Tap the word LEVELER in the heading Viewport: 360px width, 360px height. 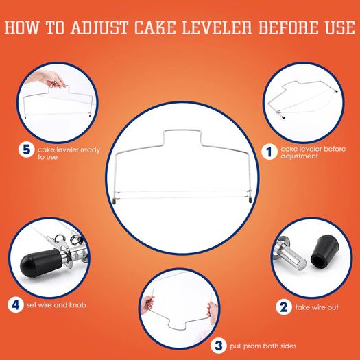[217, 28]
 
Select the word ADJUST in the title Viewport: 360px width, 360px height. [99, 28]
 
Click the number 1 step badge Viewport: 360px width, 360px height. [269, 152]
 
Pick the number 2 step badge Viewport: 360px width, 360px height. [284, 307]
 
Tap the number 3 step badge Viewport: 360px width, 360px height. [219, 346]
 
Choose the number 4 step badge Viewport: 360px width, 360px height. [16, 305]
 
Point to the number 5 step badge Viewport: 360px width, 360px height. [27, 149]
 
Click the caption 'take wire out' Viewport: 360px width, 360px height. [317, 307]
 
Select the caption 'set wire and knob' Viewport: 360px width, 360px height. [56, 305]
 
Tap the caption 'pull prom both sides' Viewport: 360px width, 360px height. [263, 346]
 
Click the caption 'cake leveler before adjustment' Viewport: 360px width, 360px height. [313, 152]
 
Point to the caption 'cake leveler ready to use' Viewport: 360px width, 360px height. [69, 153]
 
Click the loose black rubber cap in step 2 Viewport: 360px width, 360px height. [324, 253]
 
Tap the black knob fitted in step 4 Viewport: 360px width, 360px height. [40, 263]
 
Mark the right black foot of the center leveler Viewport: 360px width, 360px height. [250, 200]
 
